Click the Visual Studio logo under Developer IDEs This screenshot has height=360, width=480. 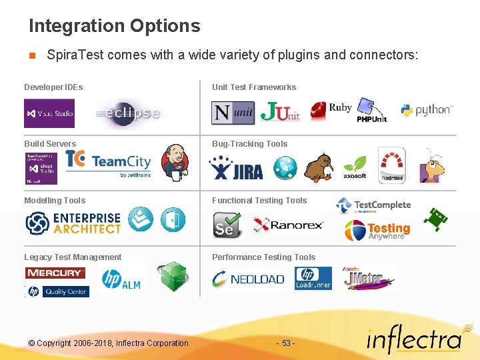click(49, 113)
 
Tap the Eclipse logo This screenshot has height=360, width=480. click(129, 113)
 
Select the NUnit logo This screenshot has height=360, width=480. click(233, 113)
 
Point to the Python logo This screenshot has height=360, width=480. click(427, 110)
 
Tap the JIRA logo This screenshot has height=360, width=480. click(236, 168)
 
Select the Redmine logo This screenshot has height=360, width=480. click(391, 165)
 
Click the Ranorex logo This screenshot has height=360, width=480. click(289, 225)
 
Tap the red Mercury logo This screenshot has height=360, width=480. click(55, 273)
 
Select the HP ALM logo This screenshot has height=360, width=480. click(121, 279)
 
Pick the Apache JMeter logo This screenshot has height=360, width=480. click(369, 278)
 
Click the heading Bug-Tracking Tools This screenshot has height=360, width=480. click(249, 144)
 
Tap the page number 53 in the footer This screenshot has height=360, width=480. click(285, 343)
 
